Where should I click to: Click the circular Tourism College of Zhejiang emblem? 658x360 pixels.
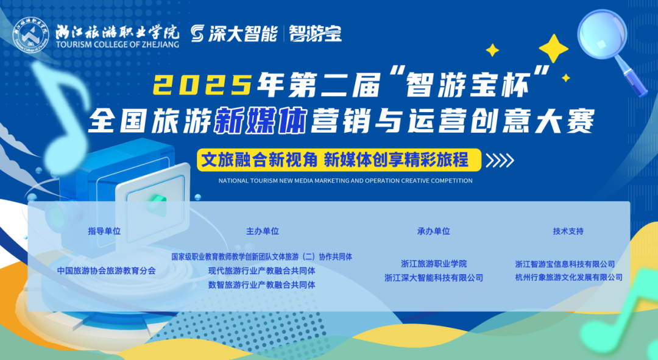tap(30, 35)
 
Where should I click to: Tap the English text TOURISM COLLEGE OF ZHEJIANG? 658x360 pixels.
tap(118, 44)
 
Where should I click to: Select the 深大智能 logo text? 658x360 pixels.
tap(234, 34)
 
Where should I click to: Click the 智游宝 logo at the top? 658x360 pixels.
tap(315, 34)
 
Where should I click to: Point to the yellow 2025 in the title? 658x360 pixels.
tap(202, 84)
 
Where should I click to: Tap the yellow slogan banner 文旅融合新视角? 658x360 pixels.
tap(339, 160)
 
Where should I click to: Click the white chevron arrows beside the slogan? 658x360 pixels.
tap(500, 160)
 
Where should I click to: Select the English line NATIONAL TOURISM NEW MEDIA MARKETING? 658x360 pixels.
tap(345, 181)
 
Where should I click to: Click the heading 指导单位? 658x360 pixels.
tap(104, 231)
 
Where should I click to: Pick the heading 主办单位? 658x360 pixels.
tap(262, 231)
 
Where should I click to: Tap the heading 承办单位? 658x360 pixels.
tap(434, 231)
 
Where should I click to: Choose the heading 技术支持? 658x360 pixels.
tap(568, 231)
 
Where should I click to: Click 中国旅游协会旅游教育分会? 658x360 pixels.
tap(106, 270)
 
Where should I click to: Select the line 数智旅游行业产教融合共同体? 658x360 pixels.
tap(262, 285)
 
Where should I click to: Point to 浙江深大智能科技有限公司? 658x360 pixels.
tap(434, 278)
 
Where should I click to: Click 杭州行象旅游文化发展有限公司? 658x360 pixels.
tap(568, 277)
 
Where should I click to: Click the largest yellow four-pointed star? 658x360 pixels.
tap(553, 49)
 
